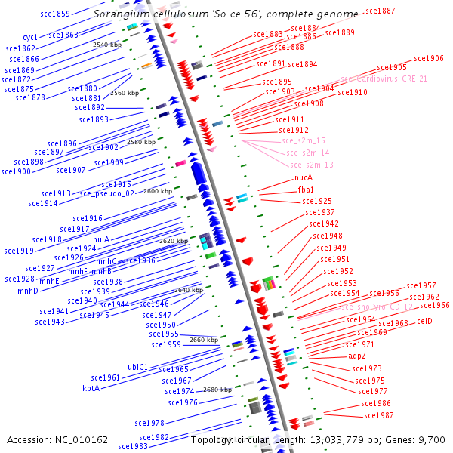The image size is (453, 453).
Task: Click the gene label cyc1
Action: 30,37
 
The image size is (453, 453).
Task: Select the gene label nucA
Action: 304,178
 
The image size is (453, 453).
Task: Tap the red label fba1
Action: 306,190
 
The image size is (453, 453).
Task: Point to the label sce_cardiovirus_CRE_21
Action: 384,79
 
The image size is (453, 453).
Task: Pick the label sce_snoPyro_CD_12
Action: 377,307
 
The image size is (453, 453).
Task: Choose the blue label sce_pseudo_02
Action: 107,193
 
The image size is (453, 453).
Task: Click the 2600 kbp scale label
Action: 158,191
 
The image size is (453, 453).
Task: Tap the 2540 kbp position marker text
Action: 107,45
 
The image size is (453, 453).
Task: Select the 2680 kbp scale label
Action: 217,390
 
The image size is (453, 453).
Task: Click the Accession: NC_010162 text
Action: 57,439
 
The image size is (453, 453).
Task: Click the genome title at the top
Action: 226,14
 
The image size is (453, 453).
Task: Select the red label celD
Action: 424,321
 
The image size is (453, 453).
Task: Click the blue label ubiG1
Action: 137,367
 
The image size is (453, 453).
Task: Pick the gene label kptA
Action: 91,388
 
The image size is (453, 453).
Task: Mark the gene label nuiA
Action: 101,239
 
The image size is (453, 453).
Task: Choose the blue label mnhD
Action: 28,291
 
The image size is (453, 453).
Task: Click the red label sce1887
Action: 380,11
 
